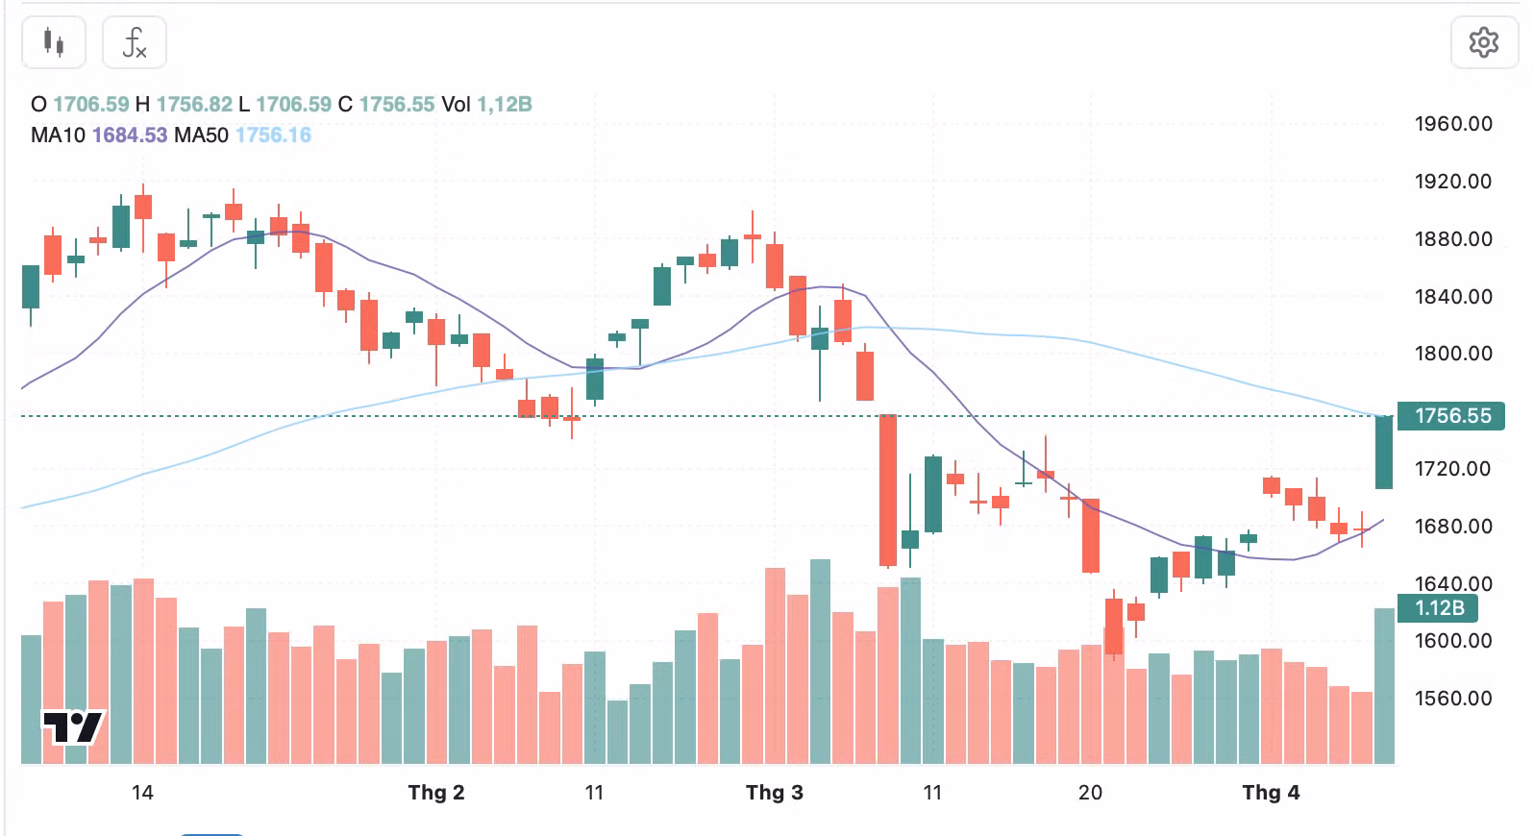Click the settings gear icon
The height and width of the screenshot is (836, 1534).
[x=1483, y=42]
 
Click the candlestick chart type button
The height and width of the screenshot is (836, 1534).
[x=54, y=42]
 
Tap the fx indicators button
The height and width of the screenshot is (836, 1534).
[x=135, y=42]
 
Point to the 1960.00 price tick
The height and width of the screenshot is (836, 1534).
[x=1452, y=124]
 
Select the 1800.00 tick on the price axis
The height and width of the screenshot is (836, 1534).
[x=1452, y=354]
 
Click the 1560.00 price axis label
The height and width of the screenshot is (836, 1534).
[x=1452, y=699]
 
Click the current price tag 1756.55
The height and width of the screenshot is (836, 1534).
[x=1451, y=416]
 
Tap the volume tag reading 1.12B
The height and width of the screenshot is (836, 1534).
[x=1440, y=608]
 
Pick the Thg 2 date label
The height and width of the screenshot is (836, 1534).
[x=435, y=793]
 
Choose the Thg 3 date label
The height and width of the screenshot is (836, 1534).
[x=774, y=793]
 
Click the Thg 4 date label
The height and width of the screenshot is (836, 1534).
[x=1270, y=793]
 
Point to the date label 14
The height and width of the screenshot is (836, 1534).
[x=142, y=793]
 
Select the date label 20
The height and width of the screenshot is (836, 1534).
[x=1090, y=793]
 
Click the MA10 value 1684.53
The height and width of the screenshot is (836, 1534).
[x=130, y=135]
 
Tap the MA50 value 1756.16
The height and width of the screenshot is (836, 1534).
[x=273, y=135]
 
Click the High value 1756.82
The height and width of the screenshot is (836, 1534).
[x=194, y=105]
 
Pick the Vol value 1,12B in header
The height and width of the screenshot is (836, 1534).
[x=505, y=105]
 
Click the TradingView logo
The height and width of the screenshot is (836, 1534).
[x=72, y=727]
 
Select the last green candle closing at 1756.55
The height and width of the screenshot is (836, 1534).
[x=1384, y=452]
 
